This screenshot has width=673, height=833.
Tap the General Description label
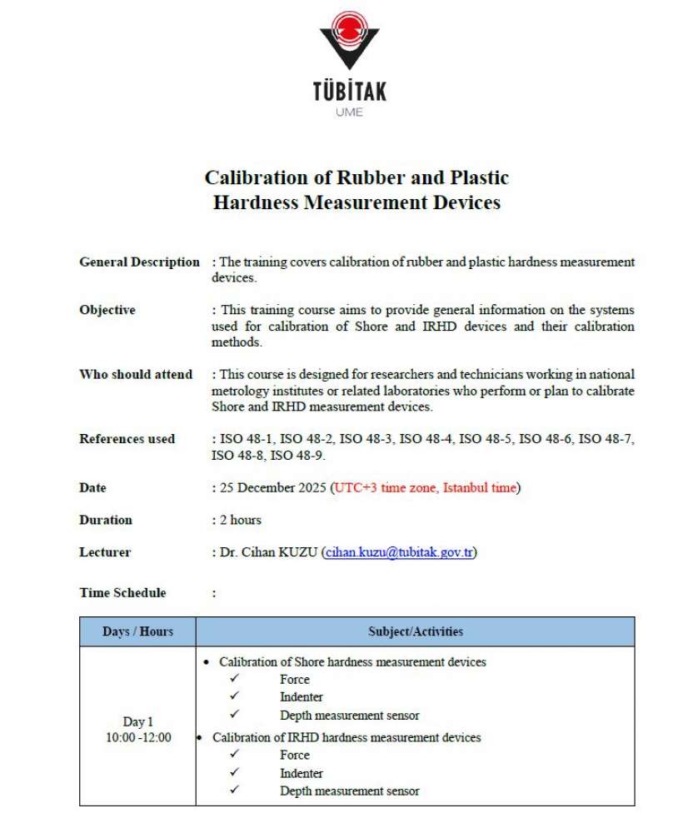(139, 262)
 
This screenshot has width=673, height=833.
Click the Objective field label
(107, 310)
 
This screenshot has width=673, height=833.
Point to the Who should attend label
(136, 375)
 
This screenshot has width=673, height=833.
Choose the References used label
(127, 439)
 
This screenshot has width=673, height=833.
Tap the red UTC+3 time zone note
(426, 487)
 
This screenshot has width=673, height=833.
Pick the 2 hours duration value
(240, 520)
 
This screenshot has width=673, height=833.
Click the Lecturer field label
(105, 552)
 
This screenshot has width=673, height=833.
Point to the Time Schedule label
(122, 593)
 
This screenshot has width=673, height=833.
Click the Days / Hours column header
(138, 631)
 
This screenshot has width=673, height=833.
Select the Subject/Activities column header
(416, 631)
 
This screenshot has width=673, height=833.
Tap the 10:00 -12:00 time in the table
(138, 737)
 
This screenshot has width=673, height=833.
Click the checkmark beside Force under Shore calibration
(235, 679)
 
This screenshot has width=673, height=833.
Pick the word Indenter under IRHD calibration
(302, 773)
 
